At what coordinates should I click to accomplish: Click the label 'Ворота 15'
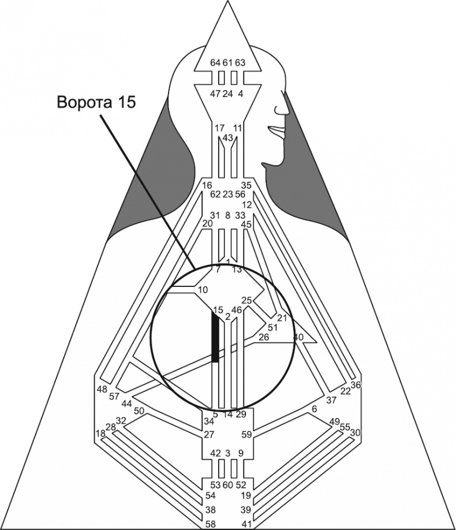coord(96,102)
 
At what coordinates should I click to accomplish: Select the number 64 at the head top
coord(215,62)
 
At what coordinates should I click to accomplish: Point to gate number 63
coord(240,62)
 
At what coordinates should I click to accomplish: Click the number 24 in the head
coord(227,94)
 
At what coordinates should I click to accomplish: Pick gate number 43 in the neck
coord(227,138)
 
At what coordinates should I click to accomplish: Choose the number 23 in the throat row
coord(227,195)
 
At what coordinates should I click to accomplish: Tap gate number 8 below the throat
coord(227,215)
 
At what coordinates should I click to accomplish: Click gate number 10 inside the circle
coord(202,289)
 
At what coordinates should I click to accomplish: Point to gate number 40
coord(298,337)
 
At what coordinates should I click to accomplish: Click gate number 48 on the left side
coord(102,389)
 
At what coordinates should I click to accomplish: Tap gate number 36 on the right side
coord(356,385)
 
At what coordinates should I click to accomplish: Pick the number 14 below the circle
coord(227,414)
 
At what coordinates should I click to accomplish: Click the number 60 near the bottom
coord(227,484)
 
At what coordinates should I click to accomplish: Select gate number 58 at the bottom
coord(212,524)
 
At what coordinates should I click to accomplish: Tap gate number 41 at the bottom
coord(246,524)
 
